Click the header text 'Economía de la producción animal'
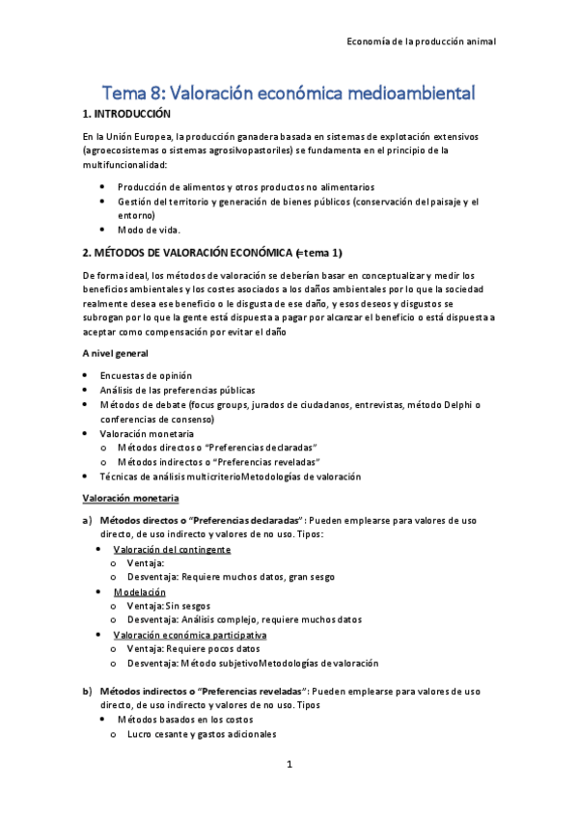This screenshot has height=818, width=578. pos(421,42)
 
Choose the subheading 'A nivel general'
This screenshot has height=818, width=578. pos(115,354)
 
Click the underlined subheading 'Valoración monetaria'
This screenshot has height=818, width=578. pos(130,498)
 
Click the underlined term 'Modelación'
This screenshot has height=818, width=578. pos(139,591)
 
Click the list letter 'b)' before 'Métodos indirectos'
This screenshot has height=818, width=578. pos(88,691)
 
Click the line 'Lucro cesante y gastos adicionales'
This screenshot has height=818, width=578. pos(202,734)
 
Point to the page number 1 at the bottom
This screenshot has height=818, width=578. pos(289,765)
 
